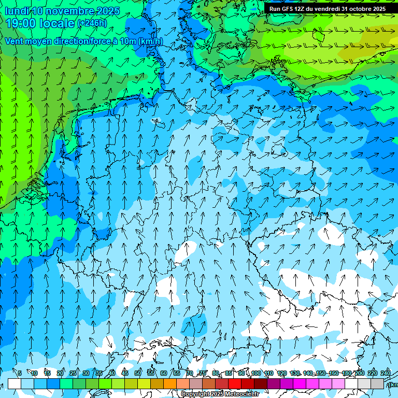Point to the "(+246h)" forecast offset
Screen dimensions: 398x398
(92, 23)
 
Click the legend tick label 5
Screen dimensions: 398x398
(20, 373)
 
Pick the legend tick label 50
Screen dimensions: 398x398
(138, 373)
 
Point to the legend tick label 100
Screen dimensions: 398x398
(255, 373)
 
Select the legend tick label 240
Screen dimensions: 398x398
(385, 373)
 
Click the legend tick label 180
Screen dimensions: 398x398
(346, 373)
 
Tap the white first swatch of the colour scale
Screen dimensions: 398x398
(14, 383)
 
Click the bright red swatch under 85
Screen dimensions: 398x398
(235, 383)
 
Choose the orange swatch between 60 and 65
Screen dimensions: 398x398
(170, 383)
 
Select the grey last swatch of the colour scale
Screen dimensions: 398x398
(377, 383)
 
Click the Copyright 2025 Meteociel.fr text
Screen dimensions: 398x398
(220, 394)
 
